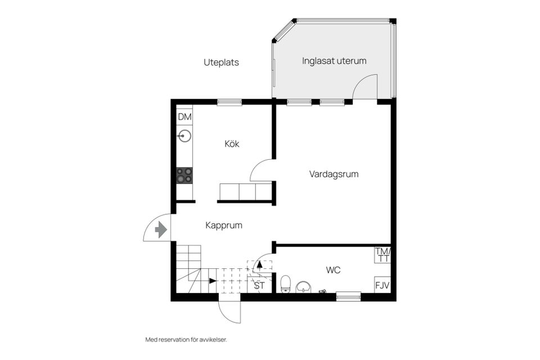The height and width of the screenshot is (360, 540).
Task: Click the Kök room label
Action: pyautogui.click(x=232, y=144)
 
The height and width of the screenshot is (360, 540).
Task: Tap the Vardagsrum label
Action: pyautogui.click(x=334, y=174)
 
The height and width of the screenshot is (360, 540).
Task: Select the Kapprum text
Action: pyautogui.click(x=223, y=226)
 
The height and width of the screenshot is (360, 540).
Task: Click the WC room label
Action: pyautogui.click(x=333, y=270)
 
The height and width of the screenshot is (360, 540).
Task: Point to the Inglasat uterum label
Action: pyautogui.click(x=334, y=61)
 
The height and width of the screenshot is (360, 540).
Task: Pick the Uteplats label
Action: pyautogui.click(x=221, y=62)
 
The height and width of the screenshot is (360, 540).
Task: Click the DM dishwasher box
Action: pyautogui.click(x=184, y=117)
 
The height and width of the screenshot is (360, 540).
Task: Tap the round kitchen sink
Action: pyautogui.click(x=184, y=136)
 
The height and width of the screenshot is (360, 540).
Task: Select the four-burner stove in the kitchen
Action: pyautogui.click(x=184, y=175)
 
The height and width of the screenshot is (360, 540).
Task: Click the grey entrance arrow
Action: pyautogui.click(x=161, y=229)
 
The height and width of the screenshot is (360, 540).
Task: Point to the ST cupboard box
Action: pyautogui.click(x=259, y=286)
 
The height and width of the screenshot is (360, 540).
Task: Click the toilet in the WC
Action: pyautogui.click(x=285, y=284)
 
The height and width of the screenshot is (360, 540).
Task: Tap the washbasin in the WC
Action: pyautogui.click(x=304, y=287)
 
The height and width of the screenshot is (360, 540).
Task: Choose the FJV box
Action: pyautogui.click(x=383, y=285)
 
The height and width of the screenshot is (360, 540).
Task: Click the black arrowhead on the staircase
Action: pyautogui.click(x=213, y=280)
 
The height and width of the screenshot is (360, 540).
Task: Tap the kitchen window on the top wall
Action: pyautogui.click(x=229, y=102)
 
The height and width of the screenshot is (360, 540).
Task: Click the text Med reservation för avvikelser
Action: pyautogui.click(x=186, y=340)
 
